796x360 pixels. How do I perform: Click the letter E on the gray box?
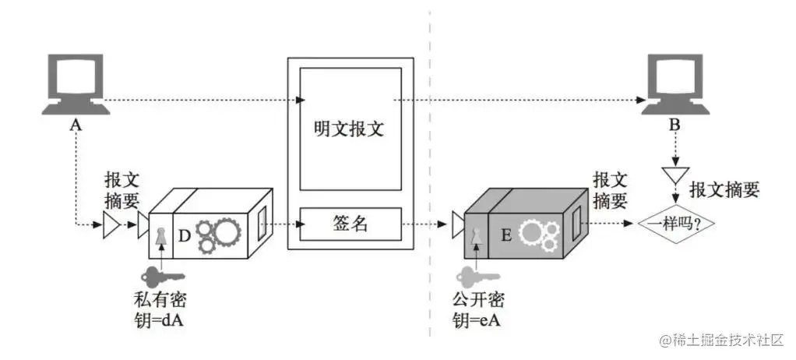tap(505, 232)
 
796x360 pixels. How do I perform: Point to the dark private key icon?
tap(160, 275)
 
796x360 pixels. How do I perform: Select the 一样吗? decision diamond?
tap(676, 223)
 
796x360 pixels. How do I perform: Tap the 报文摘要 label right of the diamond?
tap(724, 189)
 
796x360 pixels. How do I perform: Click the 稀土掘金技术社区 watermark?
tap(724, 340)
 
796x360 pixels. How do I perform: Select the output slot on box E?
tap(577, 220)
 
